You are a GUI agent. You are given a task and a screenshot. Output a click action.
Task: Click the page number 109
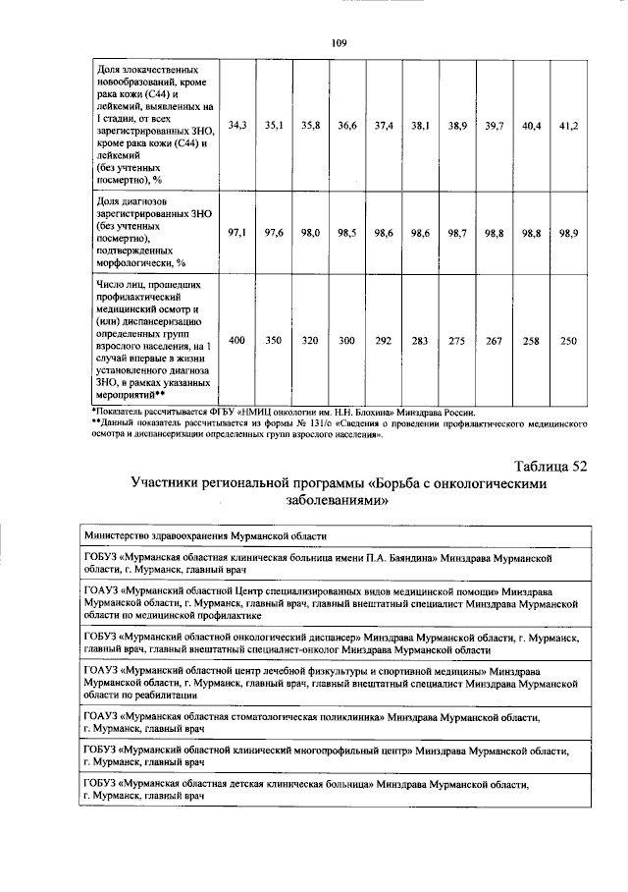[x=340, y=41]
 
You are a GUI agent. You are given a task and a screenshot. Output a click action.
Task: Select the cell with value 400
[x=236, y=340]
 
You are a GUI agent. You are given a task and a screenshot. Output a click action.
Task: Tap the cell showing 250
[x=568, y=340]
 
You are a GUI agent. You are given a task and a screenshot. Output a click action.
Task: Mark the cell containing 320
[x=310, y=340]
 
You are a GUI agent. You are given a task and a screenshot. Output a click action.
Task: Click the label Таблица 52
[x=550, y=466]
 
